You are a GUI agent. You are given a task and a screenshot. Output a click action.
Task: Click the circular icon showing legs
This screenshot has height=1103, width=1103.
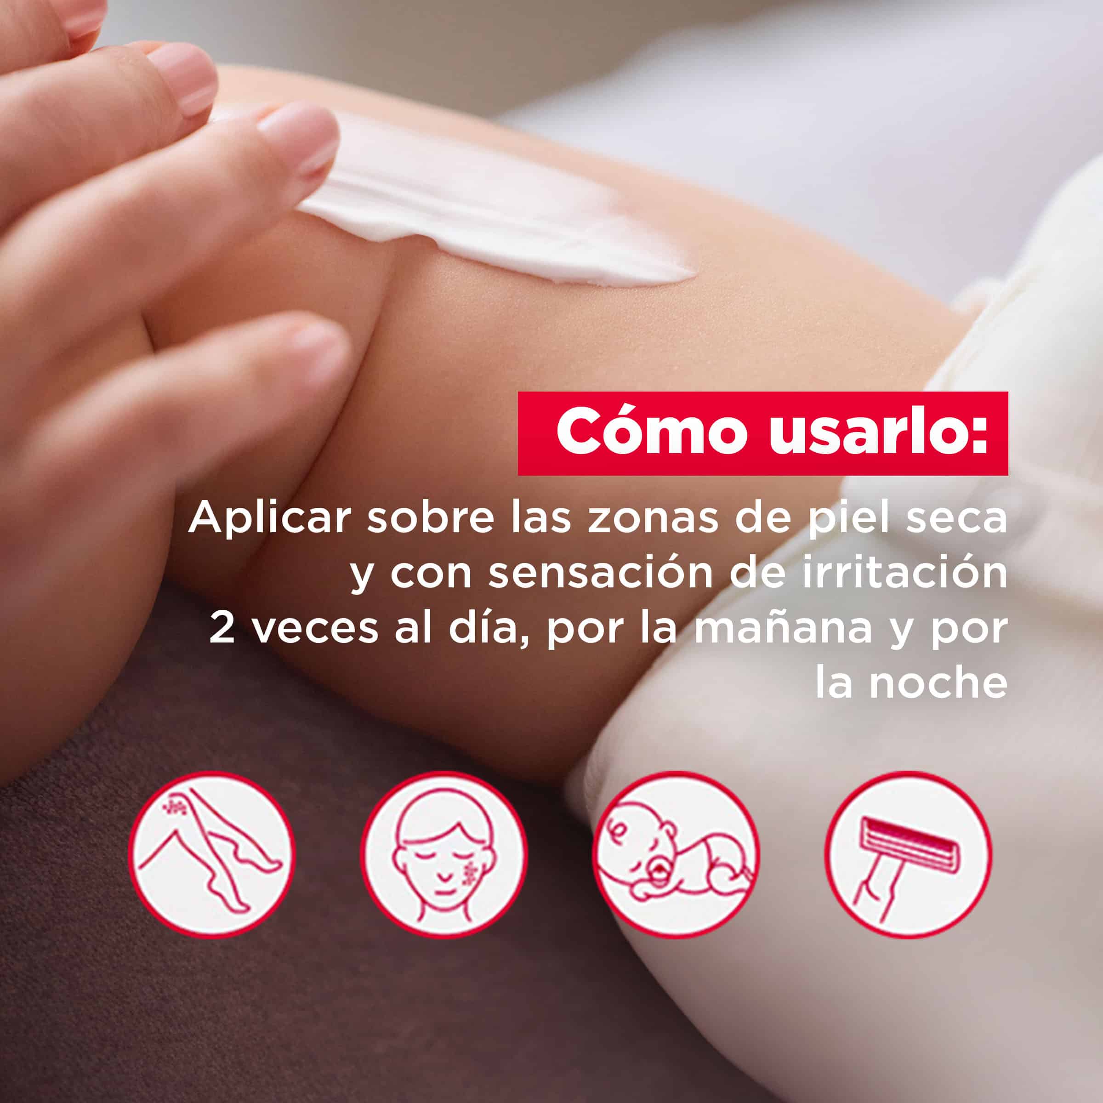[212, 855]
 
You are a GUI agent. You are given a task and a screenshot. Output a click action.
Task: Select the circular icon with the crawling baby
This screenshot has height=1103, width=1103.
[677, 855]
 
